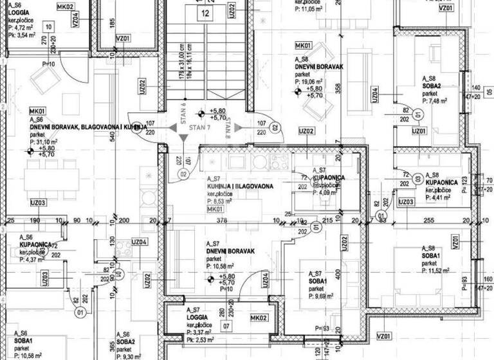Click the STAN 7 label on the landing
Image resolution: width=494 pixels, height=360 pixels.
(x=199, y=128)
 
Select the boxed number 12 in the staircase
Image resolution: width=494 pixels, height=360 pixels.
(x=205, y=12)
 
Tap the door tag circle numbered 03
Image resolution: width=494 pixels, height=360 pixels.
(x=417, y=179)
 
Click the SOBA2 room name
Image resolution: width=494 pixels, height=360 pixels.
(x=430, y=86)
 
